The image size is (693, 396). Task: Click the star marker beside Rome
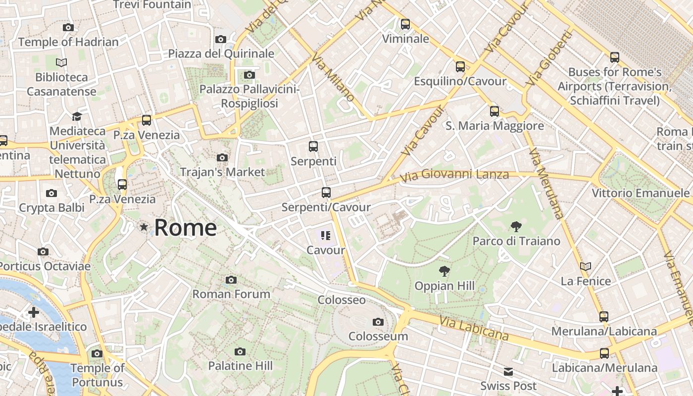[x=144, y=227]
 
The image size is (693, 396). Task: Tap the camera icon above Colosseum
[x=378, y=322]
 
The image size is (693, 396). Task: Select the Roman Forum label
[x=231, y=294]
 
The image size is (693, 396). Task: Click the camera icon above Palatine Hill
[x=240, y=352]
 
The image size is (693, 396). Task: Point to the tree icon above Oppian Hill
[x=445, y=271]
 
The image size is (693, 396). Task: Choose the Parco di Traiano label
[x=516, y=241]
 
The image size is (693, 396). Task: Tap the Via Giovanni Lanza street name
[x=454, y=175]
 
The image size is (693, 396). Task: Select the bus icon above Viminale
[x=405, y=24]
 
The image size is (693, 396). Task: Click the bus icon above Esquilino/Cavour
[x=460, y=67]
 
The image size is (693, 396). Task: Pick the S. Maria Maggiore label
[x=495, y=126]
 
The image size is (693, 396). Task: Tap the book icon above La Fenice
[x=586, y=267]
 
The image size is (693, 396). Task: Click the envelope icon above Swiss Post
[x=508, y=372]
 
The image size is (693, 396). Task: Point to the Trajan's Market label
[x=222, y=172]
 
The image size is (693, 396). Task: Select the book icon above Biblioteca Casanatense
[x=61, y=63]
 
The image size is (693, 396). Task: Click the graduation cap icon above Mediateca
[x=77, y=117]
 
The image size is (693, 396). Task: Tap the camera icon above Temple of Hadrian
[x=68, y=28]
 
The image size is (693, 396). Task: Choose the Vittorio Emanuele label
[x=641, y=193]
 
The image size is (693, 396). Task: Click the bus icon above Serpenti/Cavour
[x=326, y=193]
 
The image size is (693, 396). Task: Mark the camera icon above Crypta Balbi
[x=51, y=194]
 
